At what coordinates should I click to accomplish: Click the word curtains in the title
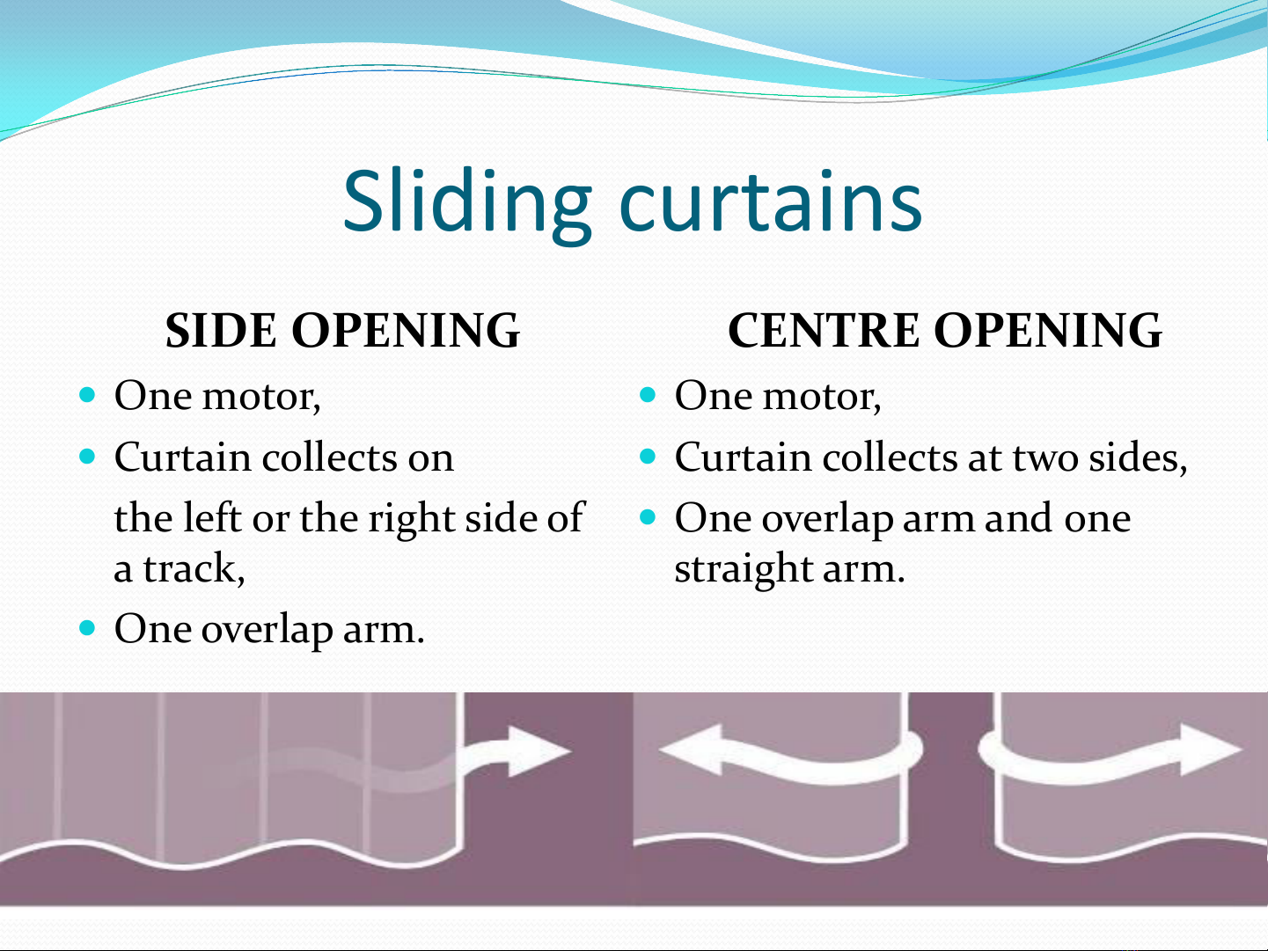click(x=771, y=202)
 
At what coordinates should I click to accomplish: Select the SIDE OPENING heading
click(x=342, y=330)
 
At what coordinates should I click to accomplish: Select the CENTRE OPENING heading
click(x=945, y=330)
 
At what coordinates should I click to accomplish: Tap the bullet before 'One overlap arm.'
click(x=87, y=627)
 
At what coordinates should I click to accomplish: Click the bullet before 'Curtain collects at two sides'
click(x=648, y=457)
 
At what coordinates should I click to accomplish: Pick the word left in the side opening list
click(x=212, y=516)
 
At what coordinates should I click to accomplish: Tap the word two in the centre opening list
click(x=1045, y=457)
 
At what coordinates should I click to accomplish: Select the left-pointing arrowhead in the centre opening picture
click(x=691, y=750)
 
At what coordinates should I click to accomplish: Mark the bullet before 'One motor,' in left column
click(x=87, y=395)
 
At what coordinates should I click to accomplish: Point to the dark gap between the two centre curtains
click(x=950, y=768)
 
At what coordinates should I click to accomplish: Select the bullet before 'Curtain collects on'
click(x=87, y=457)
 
